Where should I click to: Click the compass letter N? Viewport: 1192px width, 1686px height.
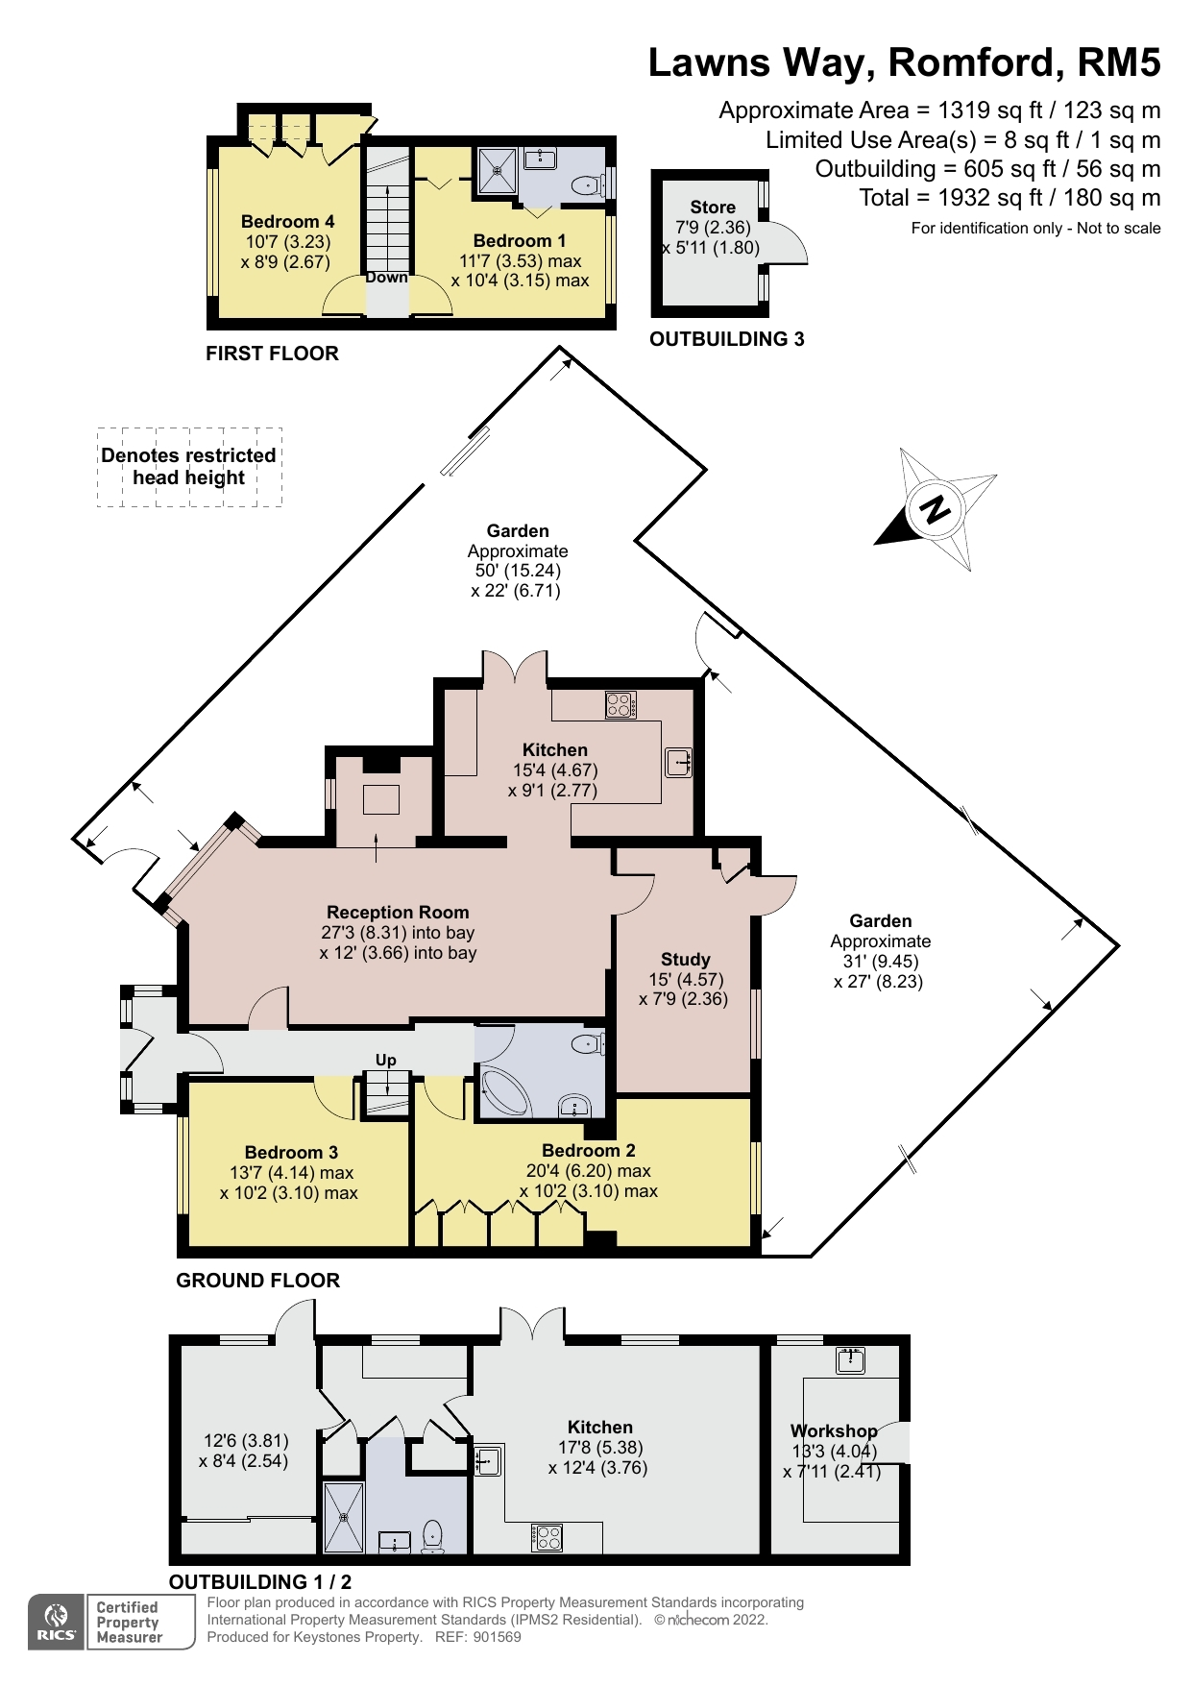pos(935,509)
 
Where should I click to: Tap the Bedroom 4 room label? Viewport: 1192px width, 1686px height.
pos(287,222)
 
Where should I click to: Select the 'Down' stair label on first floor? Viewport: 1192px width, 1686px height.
pos(386,278)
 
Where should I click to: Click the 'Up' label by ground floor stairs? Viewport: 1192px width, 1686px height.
pos(385,1060)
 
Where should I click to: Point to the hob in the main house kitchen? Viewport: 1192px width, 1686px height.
pos(620,705)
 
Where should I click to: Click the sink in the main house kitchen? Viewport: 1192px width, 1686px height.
pos(678,763)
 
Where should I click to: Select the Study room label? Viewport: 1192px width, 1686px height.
pos(685,959)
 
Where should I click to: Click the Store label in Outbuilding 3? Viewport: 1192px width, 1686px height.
pos(712,207)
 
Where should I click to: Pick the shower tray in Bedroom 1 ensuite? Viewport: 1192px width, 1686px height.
pos(498,171)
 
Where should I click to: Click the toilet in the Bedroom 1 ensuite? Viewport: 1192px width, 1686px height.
pos(585,185)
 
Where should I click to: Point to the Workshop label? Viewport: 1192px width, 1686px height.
pos(833,1430)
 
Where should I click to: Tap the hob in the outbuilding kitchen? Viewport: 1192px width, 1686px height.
pos(547,1537)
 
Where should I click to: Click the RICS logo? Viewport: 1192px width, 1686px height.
pos(57,1622)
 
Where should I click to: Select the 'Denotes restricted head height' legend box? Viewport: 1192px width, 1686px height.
pos(189,467)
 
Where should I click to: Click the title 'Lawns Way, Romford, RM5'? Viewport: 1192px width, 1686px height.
pos(904,62)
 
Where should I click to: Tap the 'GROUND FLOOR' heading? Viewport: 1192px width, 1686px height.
pos(257,1281)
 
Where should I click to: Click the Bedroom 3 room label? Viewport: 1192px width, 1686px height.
pos(291,1152)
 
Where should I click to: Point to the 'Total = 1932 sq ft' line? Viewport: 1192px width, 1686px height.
pos(1009,198)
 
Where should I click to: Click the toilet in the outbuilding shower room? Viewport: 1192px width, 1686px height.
pos(432,1533)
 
